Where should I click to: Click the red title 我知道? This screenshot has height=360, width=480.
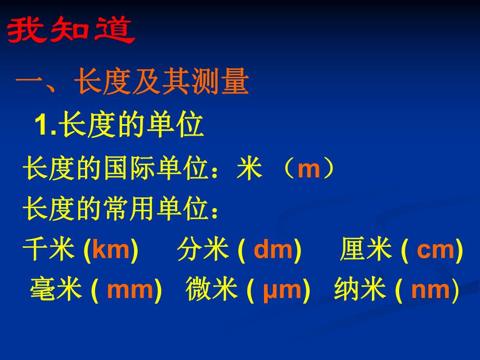tap(70, 32)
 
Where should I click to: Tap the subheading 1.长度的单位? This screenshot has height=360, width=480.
tap(118, 126)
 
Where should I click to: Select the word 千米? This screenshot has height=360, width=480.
tap(49, 250)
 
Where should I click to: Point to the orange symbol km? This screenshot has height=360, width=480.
tap(110, 250)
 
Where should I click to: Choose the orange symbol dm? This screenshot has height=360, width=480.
tap(273, 250)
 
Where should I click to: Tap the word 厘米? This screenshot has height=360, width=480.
tap(366, 250)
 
